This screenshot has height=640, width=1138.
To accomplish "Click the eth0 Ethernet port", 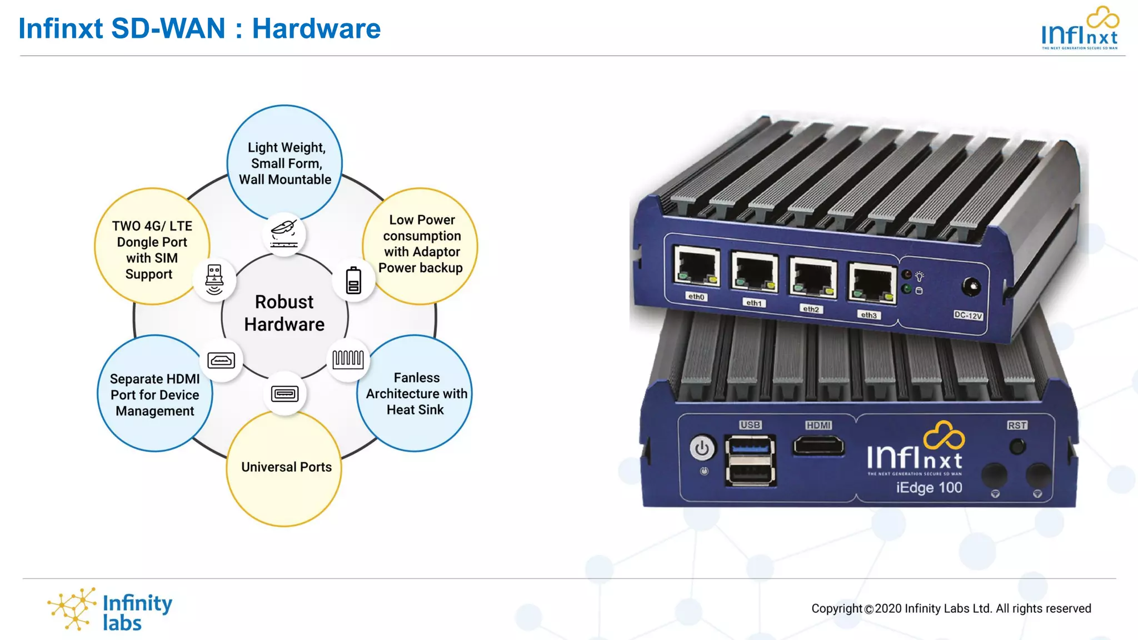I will tap(697, 267).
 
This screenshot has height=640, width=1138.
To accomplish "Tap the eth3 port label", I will tap(869, 315).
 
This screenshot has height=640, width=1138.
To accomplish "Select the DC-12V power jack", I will tap(971, 287).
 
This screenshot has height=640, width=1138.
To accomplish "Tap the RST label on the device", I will tap(1017, 425).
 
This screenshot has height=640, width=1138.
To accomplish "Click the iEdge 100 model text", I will tap(929, 488).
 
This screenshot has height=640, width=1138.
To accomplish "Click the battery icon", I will tap(353, 281).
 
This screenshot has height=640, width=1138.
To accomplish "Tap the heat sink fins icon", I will tap(348, 359).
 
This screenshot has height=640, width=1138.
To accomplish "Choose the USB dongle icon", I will tap(214, 279).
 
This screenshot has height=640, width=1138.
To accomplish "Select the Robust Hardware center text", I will tap(284, 313).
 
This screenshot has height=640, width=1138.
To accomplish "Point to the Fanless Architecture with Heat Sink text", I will tap(416, 393).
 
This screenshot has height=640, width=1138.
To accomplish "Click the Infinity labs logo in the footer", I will tap(110, 610).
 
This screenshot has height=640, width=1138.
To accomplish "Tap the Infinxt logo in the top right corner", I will tap(1079, 29).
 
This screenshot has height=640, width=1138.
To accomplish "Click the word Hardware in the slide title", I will tap(316, 28).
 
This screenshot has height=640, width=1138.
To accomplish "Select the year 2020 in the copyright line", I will tap(888, 608).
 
